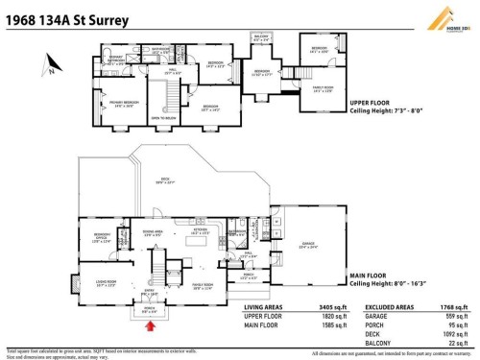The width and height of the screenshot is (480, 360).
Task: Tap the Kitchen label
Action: pos(201,230)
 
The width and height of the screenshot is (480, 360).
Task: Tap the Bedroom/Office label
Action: pos(102,237)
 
